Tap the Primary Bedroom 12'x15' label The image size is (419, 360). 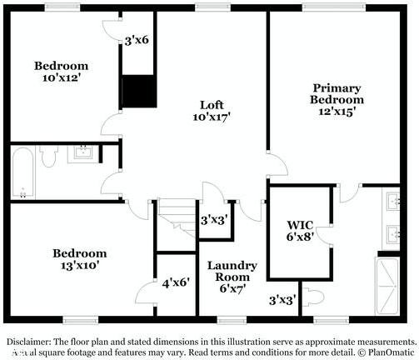[337, 99]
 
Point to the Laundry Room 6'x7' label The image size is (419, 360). [232, 277]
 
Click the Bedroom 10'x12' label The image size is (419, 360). [61, 72]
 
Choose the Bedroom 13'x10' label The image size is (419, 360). [79, 259]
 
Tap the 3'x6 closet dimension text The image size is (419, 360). [137, 39]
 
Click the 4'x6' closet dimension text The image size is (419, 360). [177, 283]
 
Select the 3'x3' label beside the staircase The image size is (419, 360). [216, 221]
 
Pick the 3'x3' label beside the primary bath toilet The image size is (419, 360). [282, 300]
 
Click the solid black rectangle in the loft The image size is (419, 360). [138, 91]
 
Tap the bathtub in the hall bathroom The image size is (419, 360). [23, 173]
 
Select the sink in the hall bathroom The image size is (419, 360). [83, 152]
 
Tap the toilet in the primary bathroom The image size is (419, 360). [313, 297]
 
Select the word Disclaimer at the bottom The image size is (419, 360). [28, 342]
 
